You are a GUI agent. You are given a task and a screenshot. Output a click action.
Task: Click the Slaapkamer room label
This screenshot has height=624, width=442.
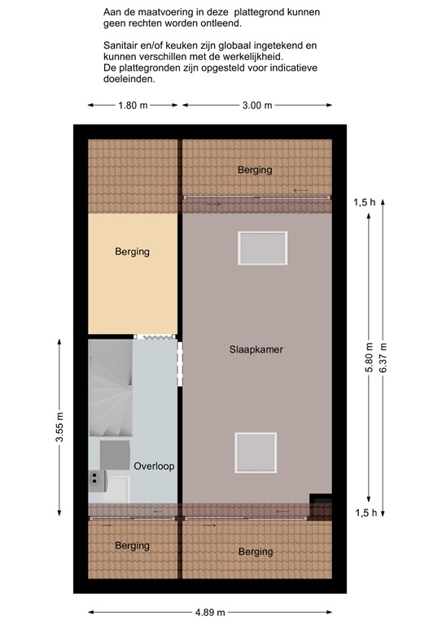tap(256, 349)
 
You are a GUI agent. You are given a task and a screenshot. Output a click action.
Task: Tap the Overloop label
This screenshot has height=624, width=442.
tap(154, 466)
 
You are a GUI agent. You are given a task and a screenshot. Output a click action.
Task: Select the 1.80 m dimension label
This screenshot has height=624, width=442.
tap(133, 106)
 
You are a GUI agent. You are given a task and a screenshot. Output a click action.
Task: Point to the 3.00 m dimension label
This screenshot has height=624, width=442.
tap(257, 106)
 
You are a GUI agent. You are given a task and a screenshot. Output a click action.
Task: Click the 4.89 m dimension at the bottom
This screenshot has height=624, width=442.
tap(210, 612)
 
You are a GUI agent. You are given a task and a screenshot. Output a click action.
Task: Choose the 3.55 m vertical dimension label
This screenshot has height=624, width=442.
tap(59, 427)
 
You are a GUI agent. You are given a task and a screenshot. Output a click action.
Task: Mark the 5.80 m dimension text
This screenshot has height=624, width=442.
tap(369, 357)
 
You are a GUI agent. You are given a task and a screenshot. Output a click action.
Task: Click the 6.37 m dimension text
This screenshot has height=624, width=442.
tap(383, 357)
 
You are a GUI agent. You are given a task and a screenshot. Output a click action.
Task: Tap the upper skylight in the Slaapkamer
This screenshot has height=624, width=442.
tap(263, 248)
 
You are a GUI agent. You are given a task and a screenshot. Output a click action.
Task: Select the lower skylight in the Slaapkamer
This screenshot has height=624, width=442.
tap(256, 453)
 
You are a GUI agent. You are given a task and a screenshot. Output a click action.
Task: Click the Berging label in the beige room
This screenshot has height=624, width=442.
tap(133, 252)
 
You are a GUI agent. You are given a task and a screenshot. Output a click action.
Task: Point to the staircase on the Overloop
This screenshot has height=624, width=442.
tap(111, 388)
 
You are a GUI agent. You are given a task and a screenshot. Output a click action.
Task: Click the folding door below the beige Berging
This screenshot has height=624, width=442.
tap(155, 336)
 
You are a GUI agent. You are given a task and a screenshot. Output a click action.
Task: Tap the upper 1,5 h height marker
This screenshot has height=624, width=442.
tap(365, 202)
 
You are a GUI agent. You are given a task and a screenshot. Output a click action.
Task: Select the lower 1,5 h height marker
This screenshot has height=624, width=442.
tap(365, 513)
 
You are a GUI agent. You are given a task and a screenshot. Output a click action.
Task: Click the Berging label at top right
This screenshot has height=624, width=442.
tap(255, 170)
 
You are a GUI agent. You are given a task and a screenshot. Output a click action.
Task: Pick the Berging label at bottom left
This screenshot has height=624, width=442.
tap(133, 546)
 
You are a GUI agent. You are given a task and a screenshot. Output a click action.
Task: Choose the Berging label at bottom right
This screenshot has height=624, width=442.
tap(256, 552)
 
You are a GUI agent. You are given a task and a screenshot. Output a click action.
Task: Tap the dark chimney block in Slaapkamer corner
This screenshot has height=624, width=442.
tap(321, 507)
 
